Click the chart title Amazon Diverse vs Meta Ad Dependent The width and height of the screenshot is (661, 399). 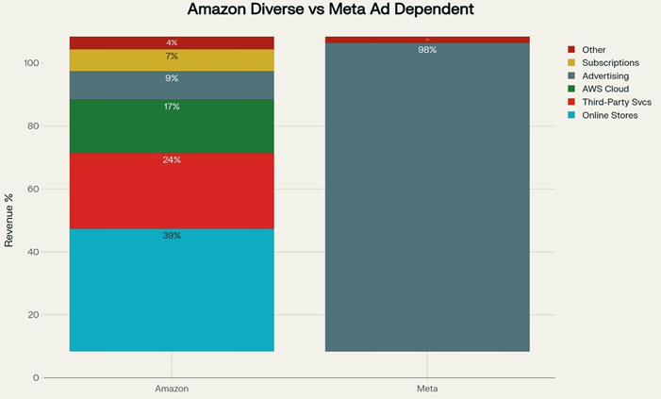(330, 10)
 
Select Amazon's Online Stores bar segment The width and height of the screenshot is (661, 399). (172, 290)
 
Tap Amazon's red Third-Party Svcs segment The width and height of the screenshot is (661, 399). (172, 191)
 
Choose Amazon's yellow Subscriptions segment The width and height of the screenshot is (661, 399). (172, 60)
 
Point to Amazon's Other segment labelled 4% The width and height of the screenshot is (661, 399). (172, 42)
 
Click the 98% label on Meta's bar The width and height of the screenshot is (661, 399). (427, 50)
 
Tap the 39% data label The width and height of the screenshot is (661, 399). (172, 236)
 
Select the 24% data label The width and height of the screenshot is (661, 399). (172, 160)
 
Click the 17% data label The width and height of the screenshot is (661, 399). (172, 107)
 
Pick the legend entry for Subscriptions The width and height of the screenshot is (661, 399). (609, 62)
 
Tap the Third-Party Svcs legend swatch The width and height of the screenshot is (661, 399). (571, 102)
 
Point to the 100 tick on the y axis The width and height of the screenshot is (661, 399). (32, 63)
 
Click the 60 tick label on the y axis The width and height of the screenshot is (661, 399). (34, 189)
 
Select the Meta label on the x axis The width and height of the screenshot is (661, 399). (427, 389)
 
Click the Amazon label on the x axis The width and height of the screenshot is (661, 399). (172, 389)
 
